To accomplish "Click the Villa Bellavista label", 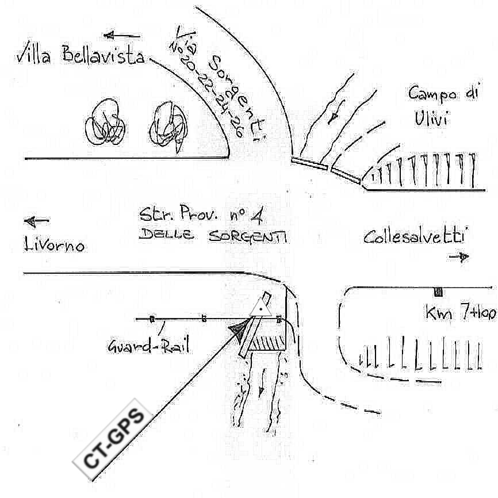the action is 81,56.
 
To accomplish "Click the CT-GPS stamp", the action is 113,439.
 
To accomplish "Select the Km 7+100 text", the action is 461,313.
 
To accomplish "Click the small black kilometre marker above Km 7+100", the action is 438,291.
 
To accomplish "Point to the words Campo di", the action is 443,93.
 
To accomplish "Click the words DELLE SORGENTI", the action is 213,236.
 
